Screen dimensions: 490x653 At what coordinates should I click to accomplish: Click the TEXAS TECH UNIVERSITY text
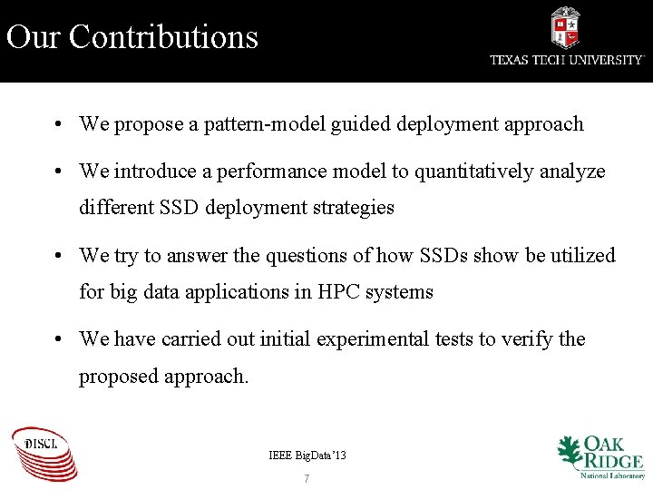[567, 60]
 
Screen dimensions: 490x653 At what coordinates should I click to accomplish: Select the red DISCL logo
[44, 453]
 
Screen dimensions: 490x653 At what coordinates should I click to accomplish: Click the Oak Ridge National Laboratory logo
[599, 456]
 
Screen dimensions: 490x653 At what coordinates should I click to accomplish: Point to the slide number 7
[307, 478]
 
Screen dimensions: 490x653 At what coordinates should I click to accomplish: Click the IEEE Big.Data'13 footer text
[307, 455]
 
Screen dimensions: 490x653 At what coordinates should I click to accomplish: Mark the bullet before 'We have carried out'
[57, 339]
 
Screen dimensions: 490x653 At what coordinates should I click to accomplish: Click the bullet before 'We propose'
[57, 124]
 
